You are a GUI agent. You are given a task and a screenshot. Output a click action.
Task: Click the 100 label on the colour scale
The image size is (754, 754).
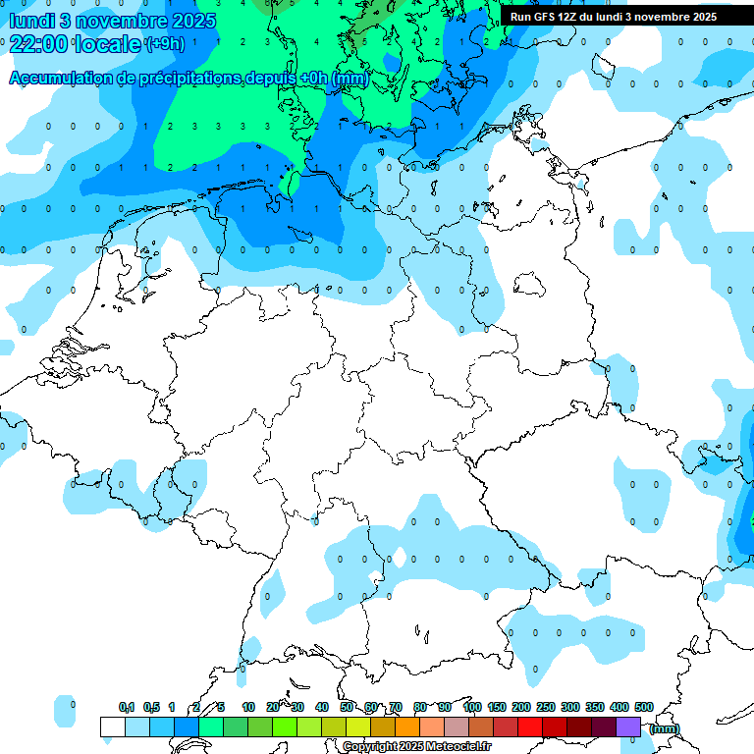coord(471,707)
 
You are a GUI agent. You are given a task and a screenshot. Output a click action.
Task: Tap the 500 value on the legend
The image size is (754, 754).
coord(644,707)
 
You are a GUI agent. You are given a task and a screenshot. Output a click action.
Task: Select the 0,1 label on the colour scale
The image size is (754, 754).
coord(127,707)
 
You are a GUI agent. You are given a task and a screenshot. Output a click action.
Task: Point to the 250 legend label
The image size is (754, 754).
coord(546,707)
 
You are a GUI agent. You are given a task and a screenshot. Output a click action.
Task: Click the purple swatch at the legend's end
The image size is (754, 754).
coord(628,727)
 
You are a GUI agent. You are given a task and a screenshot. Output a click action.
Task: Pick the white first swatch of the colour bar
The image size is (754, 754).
coord(112,727)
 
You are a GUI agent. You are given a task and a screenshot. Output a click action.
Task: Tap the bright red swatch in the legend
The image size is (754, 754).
coord(530,727)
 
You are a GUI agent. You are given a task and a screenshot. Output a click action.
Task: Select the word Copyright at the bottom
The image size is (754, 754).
coord(370,747)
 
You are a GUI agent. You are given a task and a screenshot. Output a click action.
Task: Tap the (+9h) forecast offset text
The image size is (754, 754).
coord(164,44)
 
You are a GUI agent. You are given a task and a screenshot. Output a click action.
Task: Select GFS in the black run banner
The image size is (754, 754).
coord(546,17)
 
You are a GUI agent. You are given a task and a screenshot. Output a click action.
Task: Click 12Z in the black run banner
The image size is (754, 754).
coord(573,17)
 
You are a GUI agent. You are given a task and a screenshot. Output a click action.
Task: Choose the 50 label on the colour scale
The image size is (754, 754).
coord(347,707)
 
